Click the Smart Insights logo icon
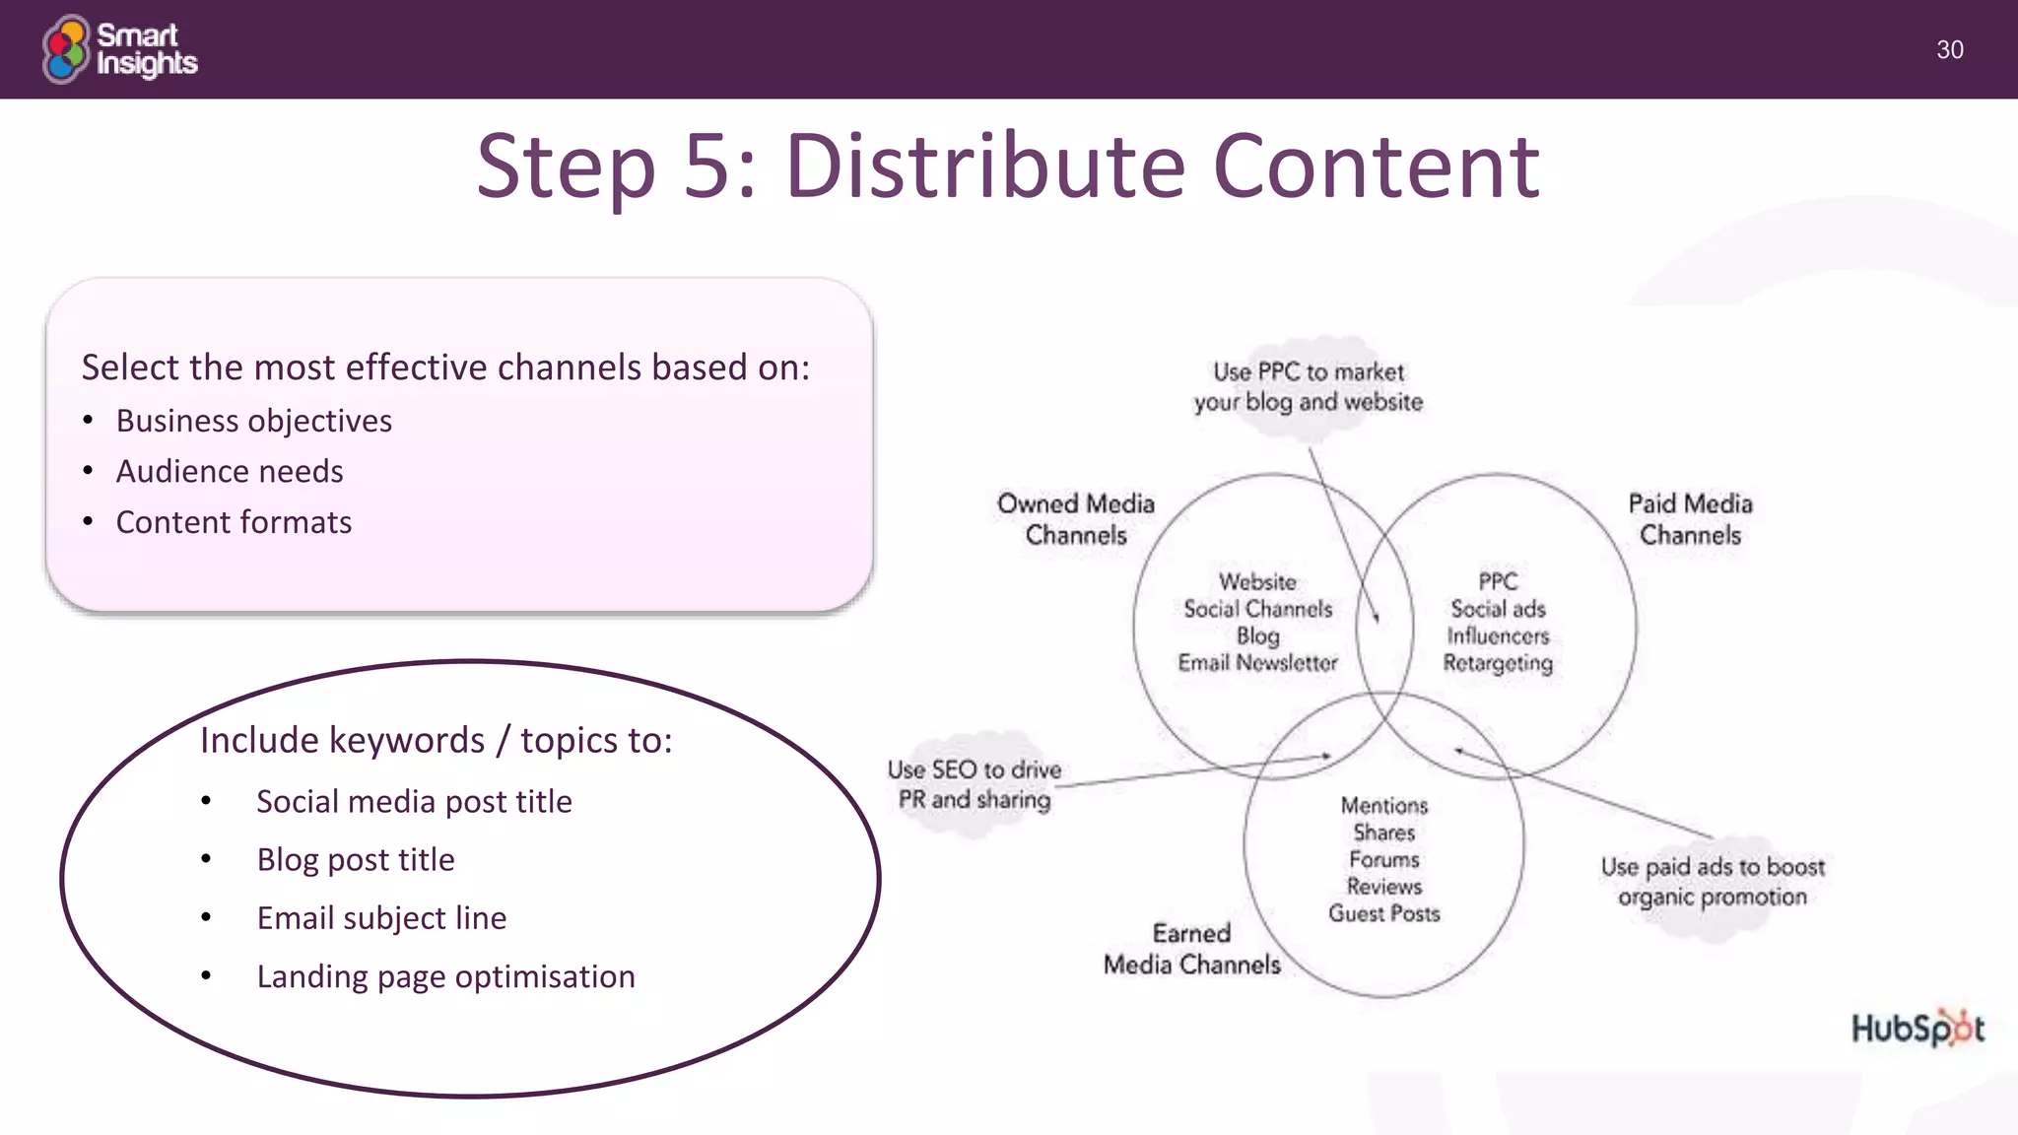66,49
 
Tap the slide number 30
1949,50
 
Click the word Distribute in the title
984,167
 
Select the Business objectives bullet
253,421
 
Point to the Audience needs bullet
229,472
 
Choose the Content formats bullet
234,522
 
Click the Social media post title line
414,802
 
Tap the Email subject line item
381,918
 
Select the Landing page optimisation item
445,976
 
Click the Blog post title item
355,860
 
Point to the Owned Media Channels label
1075,519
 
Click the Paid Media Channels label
1690,519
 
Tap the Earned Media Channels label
1191,949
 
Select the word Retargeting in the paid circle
1498,663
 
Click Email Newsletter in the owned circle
1257,663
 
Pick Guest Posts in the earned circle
1383,913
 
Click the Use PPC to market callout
1309,387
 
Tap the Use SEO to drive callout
974,784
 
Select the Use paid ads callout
1713,882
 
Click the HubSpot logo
1917,1029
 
